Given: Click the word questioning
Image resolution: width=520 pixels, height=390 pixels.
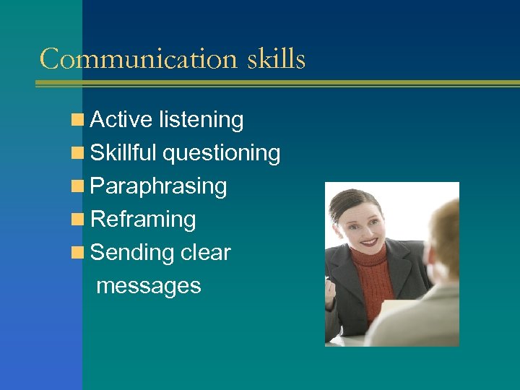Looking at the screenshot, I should tap(222, 153).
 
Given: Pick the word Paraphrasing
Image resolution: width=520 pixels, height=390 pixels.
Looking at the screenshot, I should tap(159, 186).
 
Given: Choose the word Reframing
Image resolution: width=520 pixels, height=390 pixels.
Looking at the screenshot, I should tap(144, 220).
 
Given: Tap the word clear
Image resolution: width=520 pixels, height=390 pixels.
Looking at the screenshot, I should tap(205, 253).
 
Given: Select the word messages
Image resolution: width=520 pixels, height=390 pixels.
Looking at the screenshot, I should tap(148, 286).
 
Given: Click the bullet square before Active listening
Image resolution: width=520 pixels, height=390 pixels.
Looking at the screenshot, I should tap(77, 121).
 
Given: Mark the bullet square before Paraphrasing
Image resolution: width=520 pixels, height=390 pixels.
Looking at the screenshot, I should tap(77, 187).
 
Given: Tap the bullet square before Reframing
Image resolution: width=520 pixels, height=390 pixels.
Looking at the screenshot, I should tap(77, 220).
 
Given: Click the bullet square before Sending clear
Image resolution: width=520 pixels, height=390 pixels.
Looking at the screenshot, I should tap(77, 253).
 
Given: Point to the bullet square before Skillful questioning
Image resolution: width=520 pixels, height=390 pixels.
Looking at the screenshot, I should tap(77, 154).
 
